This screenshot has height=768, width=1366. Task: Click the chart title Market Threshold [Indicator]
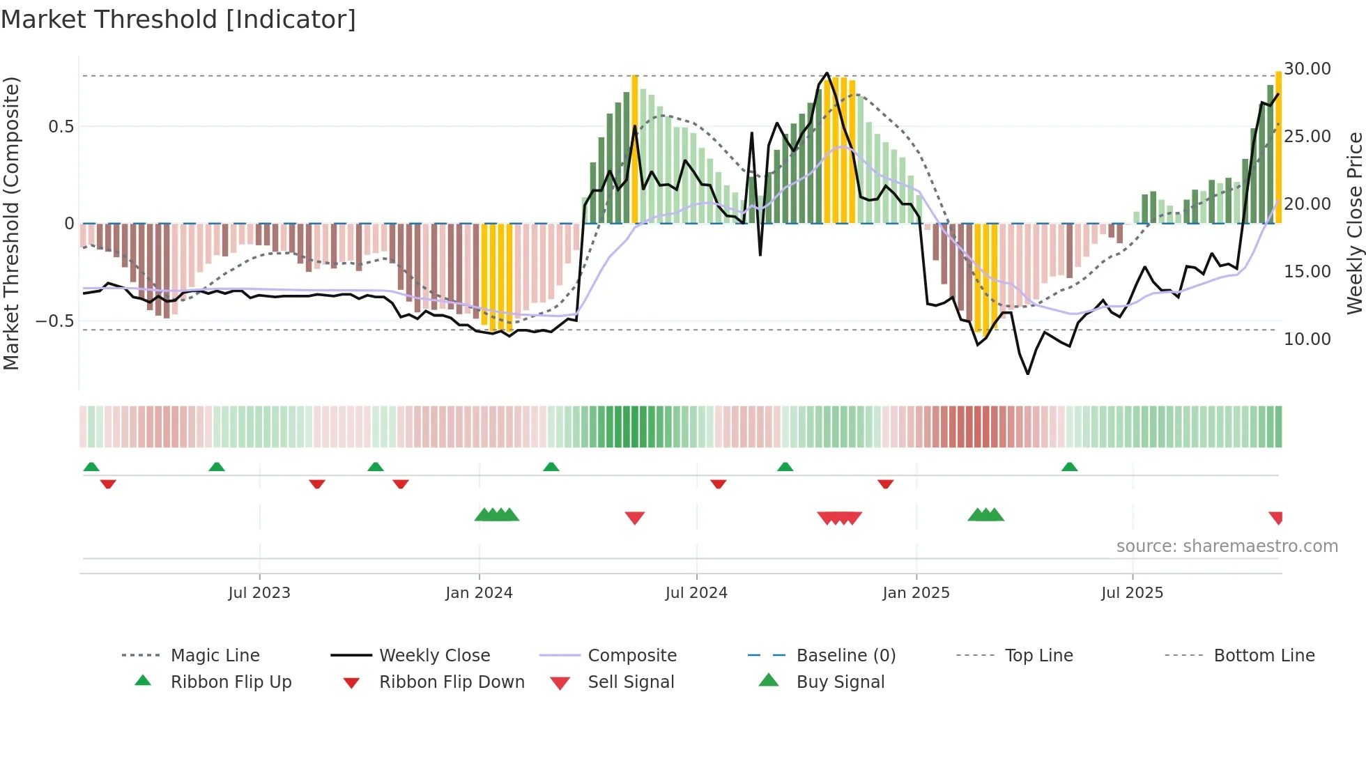(178, 20)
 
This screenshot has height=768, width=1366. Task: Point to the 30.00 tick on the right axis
(1307, 69)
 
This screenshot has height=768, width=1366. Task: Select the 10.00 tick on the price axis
(1307, 339)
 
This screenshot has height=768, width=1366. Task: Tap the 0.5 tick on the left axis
(61, 127)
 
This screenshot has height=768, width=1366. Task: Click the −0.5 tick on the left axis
(54, 321)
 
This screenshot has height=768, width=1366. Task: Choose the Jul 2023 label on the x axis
(259, 593)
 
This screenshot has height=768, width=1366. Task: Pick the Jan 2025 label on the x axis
(915, 593)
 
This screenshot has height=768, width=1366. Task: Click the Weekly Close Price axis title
(1353, 223)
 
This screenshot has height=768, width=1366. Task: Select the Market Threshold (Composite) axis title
(11, 223)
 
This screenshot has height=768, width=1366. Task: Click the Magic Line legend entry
(215, 656)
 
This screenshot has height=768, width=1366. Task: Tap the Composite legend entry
(631, 656)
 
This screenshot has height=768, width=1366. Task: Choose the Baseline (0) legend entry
(845, 656)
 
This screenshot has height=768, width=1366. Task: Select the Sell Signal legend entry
(630, 682)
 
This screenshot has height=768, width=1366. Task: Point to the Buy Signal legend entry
(840, 682)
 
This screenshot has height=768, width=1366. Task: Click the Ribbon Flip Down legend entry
(451, 682)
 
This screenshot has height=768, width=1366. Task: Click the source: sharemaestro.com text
(1227, 546)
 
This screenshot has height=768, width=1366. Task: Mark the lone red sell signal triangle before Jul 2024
(634, 518)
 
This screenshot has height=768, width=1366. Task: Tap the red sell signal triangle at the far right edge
(1276, 518)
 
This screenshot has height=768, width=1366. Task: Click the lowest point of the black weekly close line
(1027, 374)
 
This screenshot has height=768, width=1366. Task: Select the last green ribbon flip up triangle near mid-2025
(1069, 467)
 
